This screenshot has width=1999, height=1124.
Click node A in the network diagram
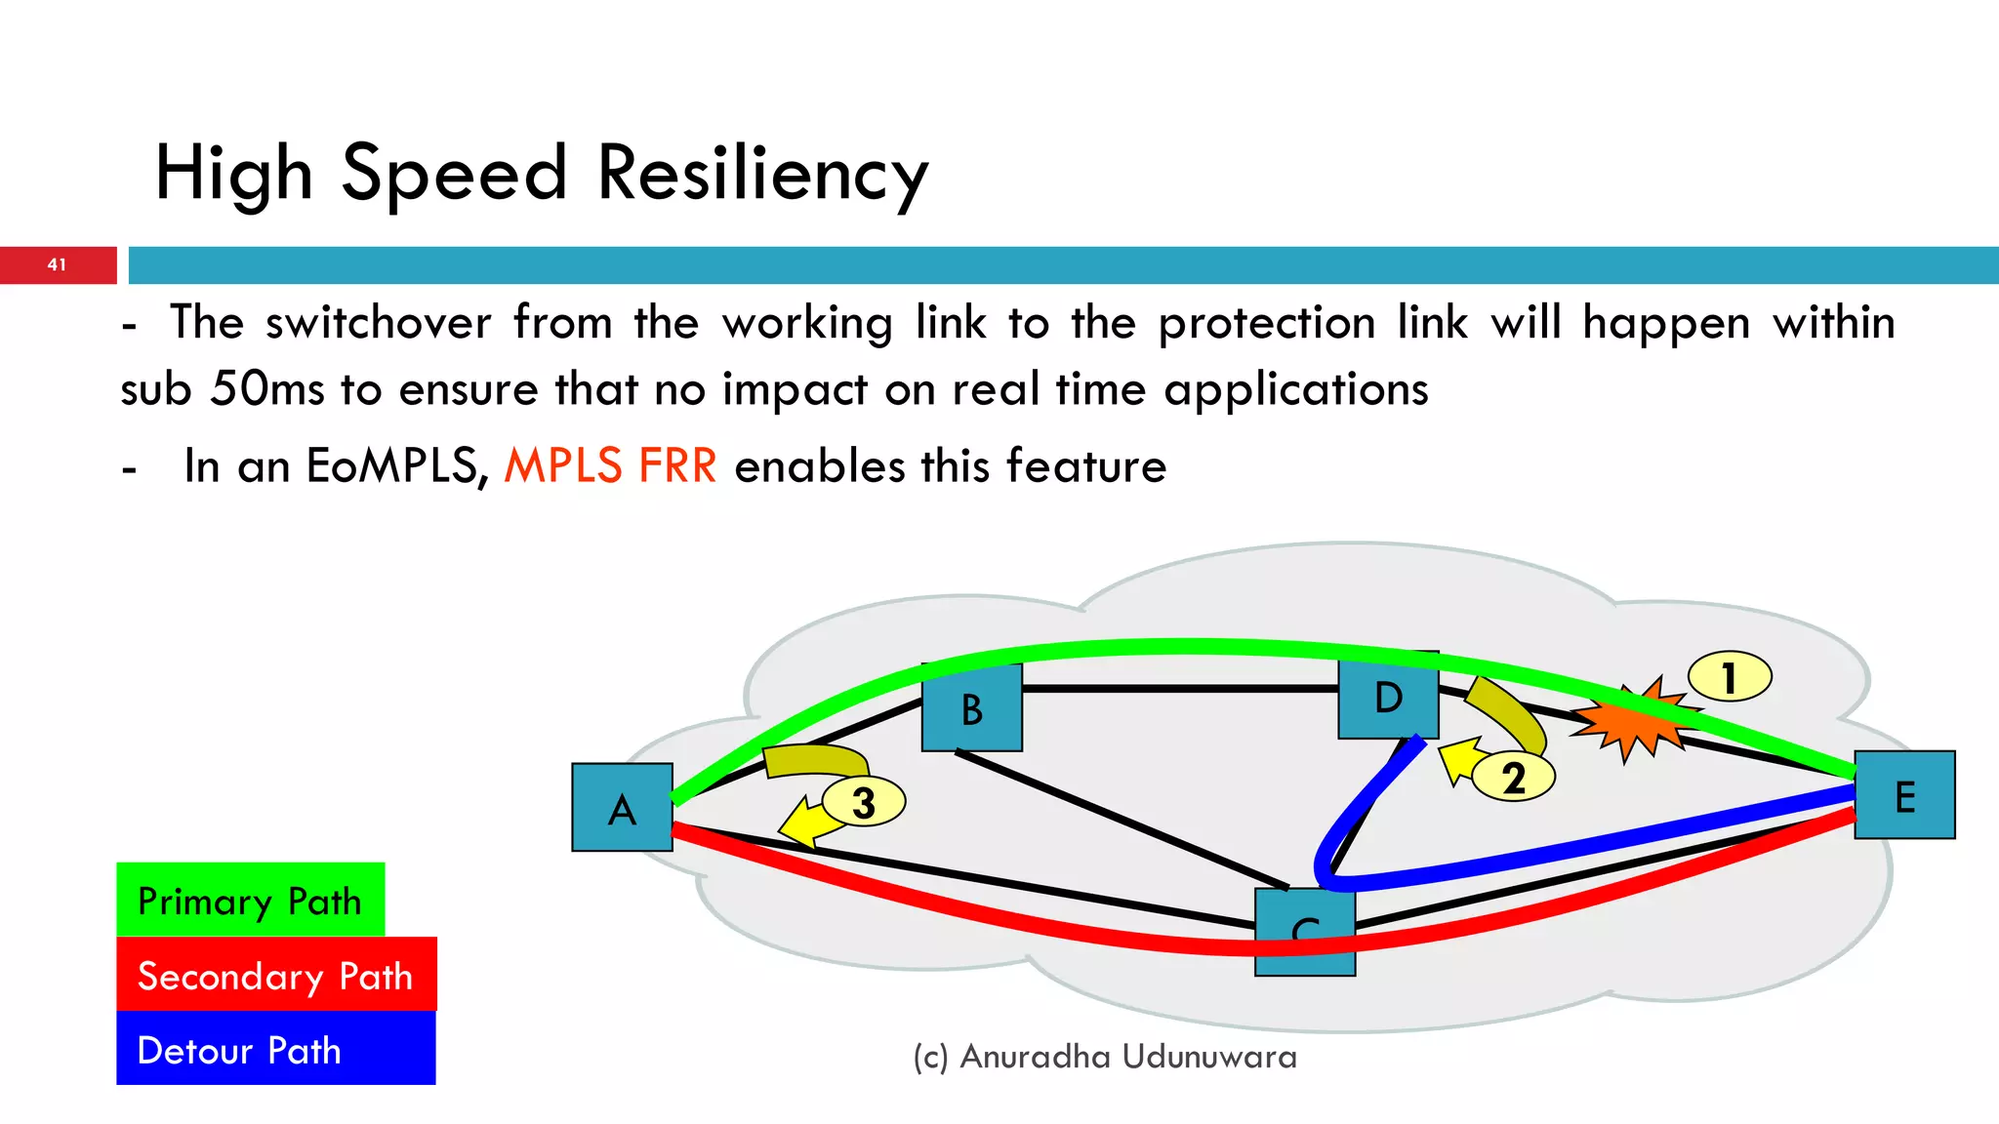[x=622, y=808]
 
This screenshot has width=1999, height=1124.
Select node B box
[x=972, y=708]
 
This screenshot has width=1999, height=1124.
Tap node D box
[x=1388, y=697]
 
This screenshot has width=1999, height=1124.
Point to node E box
[x=1904, y=795]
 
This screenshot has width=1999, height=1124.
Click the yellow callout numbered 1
[x=1730, y=677]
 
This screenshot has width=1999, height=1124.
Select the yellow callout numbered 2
[x=1513, y=778]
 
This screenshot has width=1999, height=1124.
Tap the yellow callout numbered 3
[x=864, y=802]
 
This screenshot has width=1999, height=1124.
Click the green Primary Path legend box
[x=250, y=900]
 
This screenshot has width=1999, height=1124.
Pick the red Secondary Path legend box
[x=276, y=975]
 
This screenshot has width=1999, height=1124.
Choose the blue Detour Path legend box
[x=275, y=1049]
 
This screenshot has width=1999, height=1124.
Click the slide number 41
[x=57, y=264]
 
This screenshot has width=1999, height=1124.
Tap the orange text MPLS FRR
[x=610, y=465]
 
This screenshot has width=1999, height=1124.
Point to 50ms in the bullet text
[x=266, y=389]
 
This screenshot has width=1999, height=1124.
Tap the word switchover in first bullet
[x=379, y=323]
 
